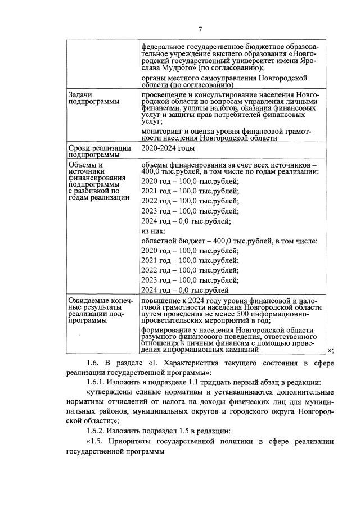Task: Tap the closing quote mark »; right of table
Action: coord(329,351)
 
